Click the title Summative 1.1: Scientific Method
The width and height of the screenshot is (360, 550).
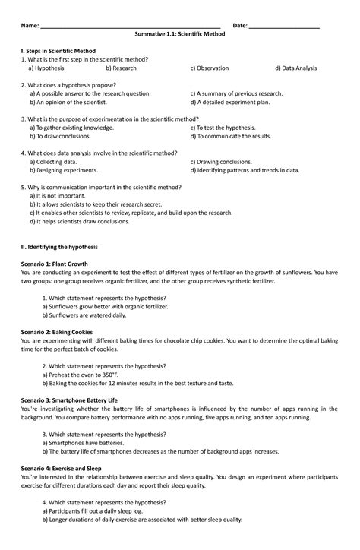[x=179, y=35]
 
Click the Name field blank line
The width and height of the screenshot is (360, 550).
[x=129, y=27]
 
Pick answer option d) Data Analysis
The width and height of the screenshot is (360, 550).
[x=296, y=68]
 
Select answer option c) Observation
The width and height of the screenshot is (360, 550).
[x=209, y=68]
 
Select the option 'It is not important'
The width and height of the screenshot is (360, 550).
[x=62, y=195]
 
